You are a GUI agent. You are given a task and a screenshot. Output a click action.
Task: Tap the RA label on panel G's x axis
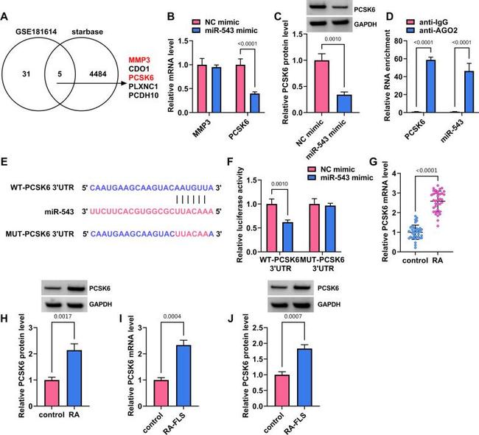click(x=436, y=261)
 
